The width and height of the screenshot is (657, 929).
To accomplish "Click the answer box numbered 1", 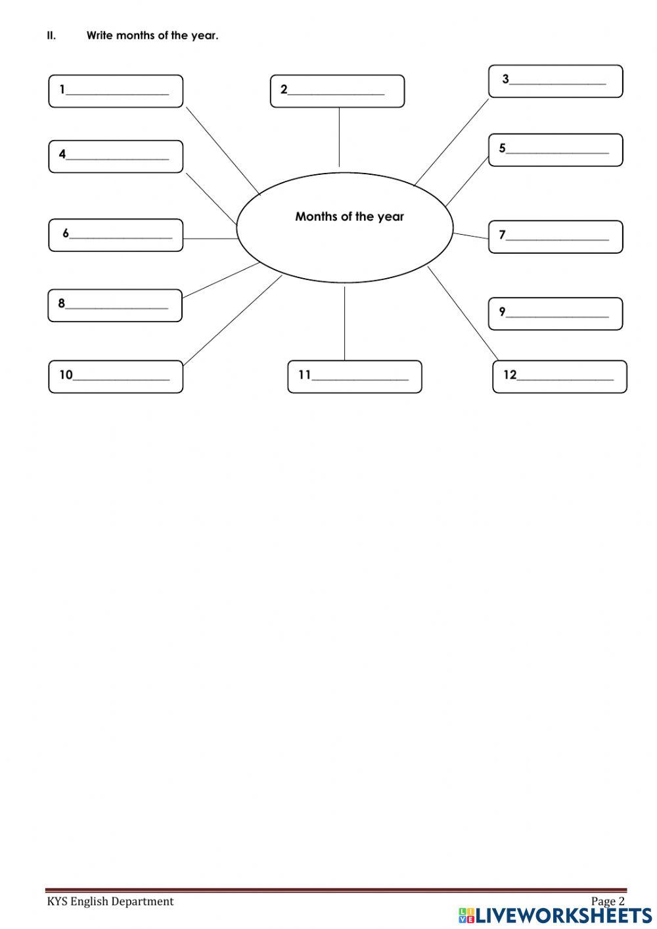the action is coord(116,91).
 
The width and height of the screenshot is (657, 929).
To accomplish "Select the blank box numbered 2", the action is coord(337,91).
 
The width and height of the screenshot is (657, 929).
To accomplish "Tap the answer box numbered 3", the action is coord(555,82).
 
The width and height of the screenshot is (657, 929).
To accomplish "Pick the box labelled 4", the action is coord(116,156).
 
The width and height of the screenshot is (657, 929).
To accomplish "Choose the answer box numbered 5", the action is coord(555,151).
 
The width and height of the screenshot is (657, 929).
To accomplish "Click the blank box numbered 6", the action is coord(116,235).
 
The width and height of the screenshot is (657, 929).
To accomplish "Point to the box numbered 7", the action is coord(555,237).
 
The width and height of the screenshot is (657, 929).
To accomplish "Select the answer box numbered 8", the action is coord(115,306).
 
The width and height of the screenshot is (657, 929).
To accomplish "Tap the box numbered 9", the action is coord(555,314).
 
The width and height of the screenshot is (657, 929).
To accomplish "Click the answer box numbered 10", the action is coord(116,377).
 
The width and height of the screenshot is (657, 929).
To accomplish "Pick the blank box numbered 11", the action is coord(355,377).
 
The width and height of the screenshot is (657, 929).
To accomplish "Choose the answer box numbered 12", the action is coord(560,377).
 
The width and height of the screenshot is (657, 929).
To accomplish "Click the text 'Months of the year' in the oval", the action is coord(350,216).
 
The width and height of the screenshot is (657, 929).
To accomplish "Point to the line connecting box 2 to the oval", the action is coord(339,137).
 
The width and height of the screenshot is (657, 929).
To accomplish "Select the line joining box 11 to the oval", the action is coord(344,322).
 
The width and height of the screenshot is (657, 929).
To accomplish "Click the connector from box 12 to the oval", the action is coord(463,313).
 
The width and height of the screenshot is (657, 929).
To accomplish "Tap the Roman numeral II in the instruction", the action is coord(51,36).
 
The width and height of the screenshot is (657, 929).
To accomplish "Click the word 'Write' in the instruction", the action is coord(99,36).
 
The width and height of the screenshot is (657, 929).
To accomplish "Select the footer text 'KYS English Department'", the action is coord(110,901).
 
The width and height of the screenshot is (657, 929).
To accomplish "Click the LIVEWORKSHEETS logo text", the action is coord(564,915).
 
